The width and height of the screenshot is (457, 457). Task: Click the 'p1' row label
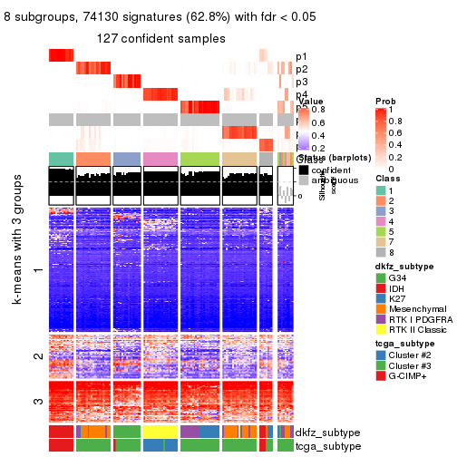pyautogui.click(x=301, y=56)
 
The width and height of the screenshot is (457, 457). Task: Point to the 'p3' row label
pyautogui.click(x=301, y=82)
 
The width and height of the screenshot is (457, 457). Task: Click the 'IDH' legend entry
pyautogui.click(x=398, y=289)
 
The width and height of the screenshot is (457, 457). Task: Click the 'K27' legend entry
pyautogui.click(x=398, y=301)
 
